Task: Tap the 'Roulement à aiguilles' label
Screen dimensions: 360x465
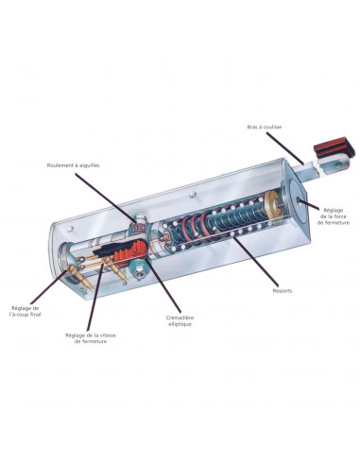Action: click(x=73, y=165)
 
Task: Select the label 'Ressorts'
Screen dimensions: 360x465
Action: click(x=283, y=290)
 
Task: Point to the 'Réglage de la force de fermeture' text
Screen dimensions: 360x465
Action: click(x=334, y=216)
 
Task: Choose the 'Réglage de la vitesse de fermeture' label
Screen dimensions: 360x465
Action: click(x=91, y=338)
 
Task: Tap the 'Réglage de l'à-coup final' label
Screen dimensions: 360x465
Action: click(x=26, y=311)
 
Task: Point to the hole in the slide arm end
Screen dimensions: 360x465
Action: click(x=339, y=164)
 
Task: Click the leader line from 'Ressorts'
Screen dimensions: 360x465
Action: click(x=255, y=261)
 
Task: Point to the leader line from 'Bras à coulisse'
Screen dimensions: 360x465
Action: click(x=285, y=148)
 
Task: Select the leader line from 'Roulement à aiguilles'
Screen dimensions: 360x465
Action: click(x=107, y=198)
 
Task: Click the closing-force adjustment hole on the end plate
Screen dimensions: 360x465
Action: click(x=298, y=199)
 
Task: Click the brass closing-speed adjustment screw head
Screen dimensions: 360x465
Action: click(x=105, y=260)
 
